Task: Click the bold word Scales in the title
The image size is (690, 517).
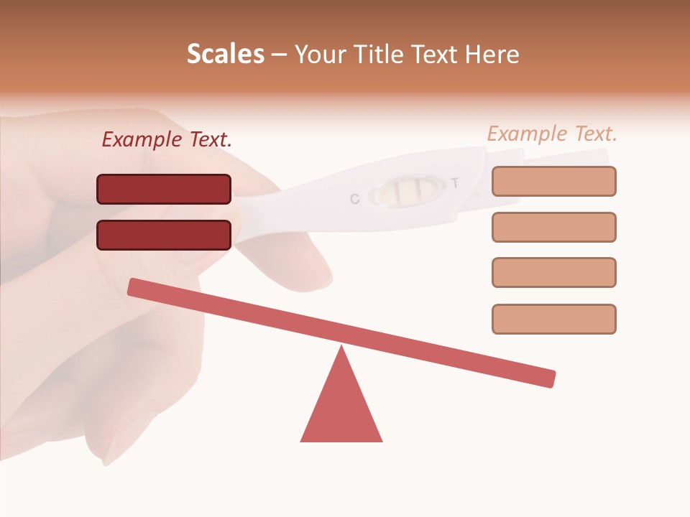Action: click(x=225, y=54)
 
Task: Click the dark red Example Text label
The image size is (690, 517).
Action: click(x=167, y=140)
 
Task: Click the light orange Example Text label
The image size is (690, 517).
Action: click(x=552, y=134)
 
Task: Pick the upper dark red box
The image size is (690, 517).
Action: click(x=164, y=189)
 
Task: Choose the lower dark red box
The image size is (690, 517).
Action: click(x=164, y=235)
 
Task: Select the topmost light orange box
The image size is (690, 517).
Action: click(x=553, y=181)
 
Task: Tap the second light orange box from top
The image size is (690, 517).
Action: click(x=553, y=227)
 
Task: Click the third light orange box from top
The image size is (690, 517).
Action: click(x=553, y=272)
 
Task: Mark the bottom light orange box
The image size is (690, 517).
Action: click(x=553, y=319)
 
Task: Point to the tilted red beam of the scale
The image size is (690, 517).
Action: click(x=341, y=332)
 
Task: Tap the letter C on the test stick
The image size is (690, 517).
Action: click(x=354, y=199)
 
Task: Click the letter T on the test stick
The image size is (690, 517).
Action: click(x=454, y=183)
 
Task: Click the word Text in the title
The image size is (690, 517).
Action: click(x=434, y=54)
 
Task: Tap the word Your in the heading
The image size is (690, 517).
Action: click(x=318, y=54)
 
